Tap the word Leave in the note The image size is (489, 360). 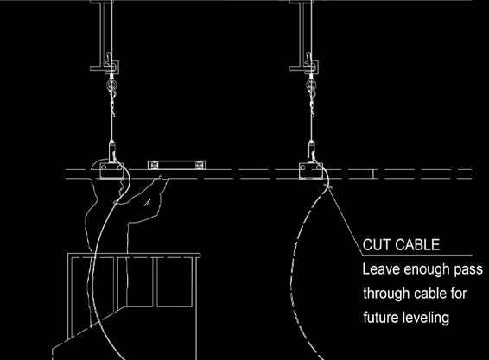(381, 269)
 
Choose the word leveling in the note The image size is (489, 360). (426, 319)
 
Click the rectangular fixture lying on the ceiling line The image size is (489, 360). (177, 165)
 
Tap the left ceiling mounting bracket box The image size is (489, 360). (111, 170)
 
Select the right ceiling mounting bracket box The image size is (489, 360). (311, 171)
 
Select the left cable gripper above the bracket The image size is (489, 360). (111, 152)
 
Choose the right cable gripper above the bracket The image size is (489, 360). (311, 152)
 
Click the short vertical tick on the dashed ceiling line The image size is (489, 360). (373, 174)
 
